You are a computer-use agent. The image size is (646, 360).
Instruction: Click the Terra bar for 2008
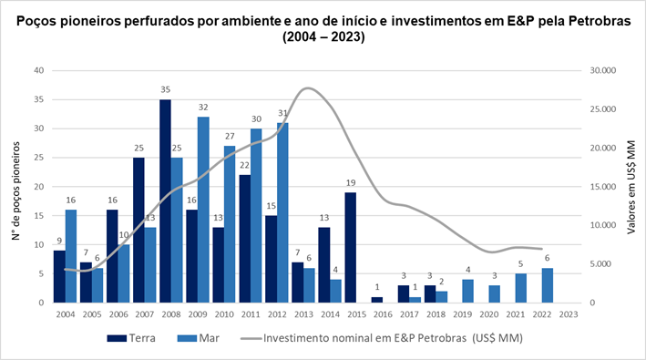165,201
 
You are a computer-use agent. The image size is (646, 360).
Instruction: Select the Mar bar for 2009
204,210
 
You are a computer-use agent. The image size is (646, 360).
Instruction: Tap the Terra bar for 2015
350,247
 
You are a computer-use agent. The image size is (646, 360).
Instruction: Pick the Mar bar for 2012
283,212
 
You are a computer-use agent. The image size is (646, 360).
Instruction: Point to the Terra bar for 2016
376,300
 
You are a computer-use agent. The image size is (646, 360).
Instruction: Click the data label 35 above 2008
165,91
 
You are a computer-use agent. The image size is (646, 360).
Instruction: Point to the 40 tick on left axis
38,70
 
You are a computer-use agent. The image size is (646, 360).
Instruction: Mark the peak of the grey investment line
308,88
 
